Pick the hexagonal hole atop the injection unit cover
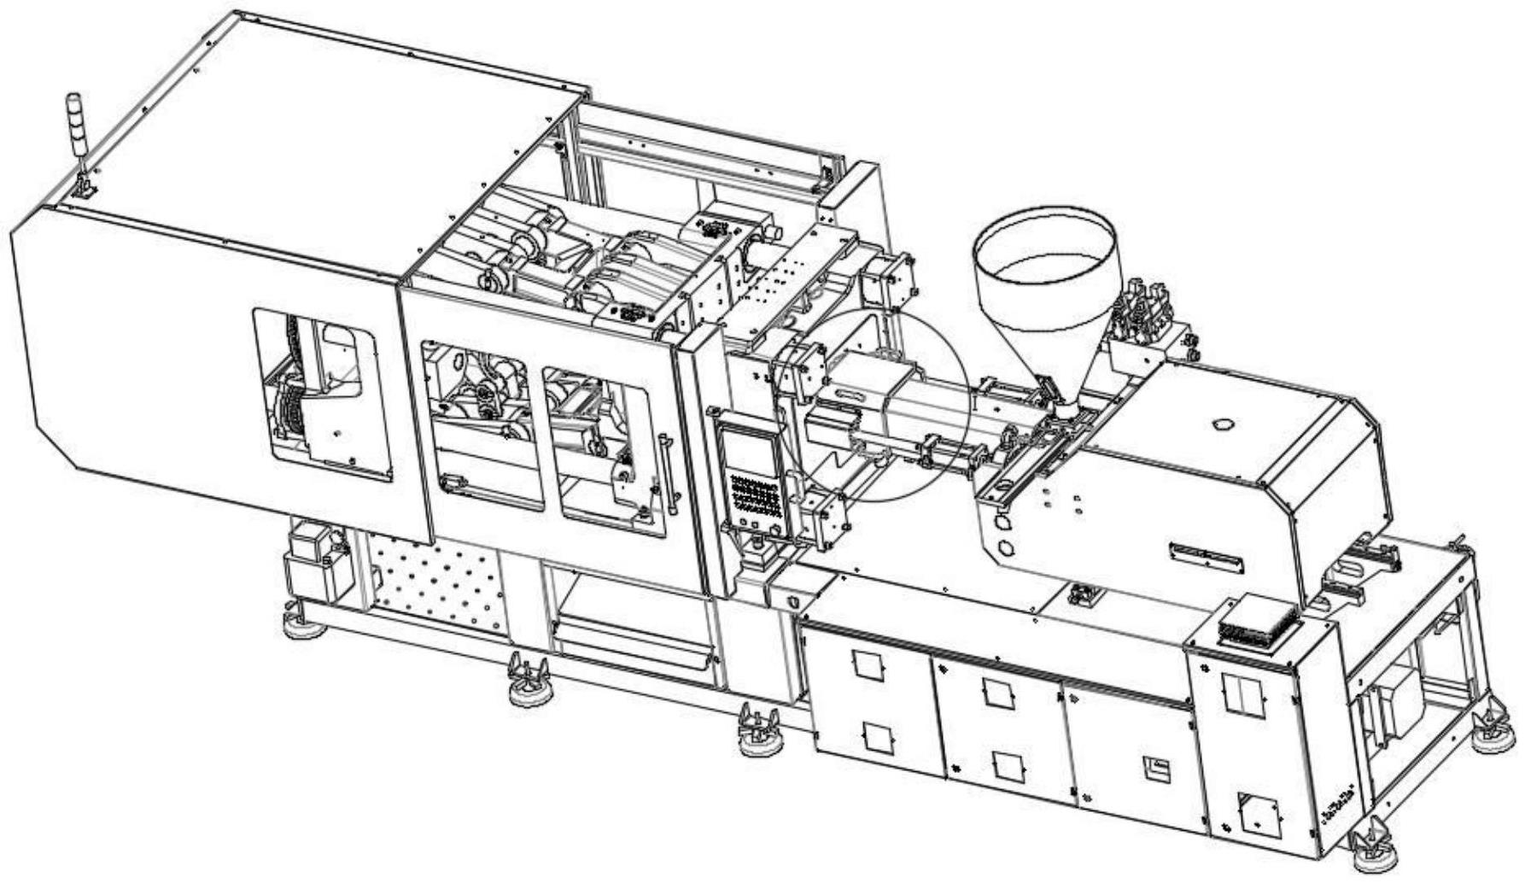(1222, 424)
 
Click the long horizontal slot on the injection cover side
(1207, 554)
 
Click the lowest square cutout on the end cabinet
(1257, 812)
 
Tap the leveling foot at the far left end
(302, 626)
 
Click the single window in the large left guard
(323, 395)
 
